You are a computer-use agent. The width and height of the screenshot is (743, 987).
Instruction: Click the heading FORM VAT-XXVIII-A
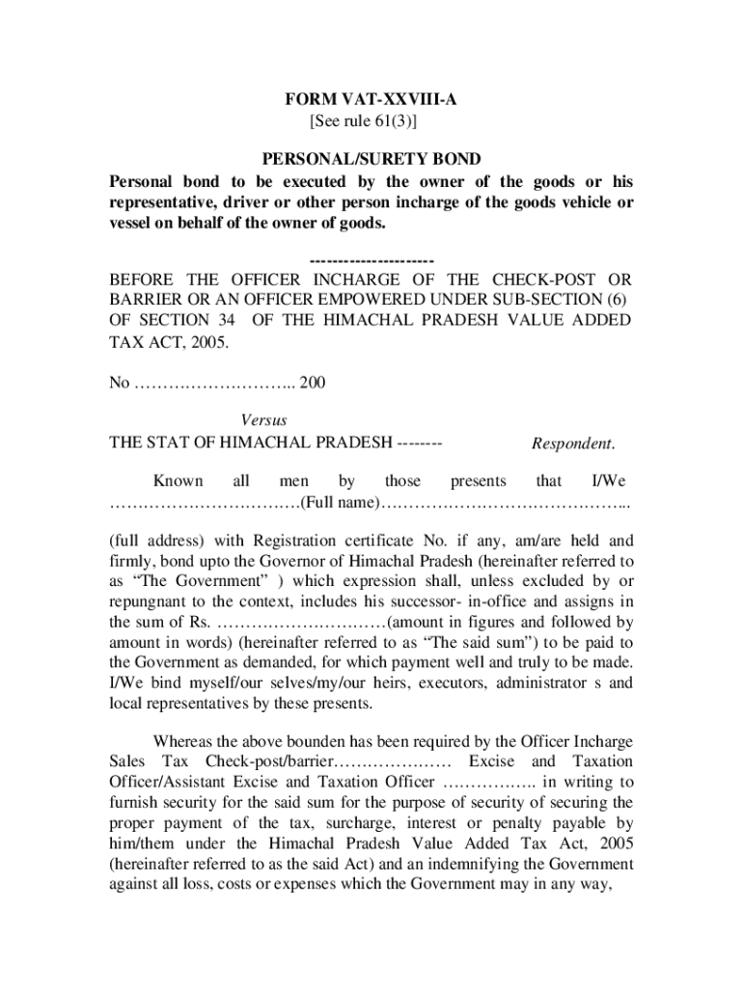(x=371, y=100)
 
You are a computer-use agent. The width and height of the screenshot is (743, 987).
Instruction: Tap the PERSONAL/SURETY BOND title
(x=371, y=159)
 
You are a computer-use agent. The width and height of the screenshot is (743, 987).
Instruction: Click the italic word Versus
(x=263, y=420)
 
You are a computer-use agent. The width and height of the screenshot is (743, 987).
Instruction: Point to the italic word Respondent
(x=573, y=443)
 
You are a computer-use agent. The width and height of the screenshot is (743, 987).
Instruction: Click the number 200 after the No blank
(x=313, y=383)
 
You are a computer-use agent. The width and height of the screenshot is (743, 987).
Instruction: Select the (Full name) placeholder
(x=343, y=503)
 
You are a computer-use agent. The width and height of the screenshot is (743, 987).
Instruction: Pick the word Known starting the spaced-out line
(x=179, y=481)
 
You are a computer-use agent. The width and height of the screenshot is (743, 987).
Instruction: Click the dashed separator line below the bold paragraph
(x=371, y=261)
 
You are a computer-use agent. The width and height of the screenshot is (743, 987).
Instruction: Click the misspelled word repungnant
(x=151, y=601)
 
